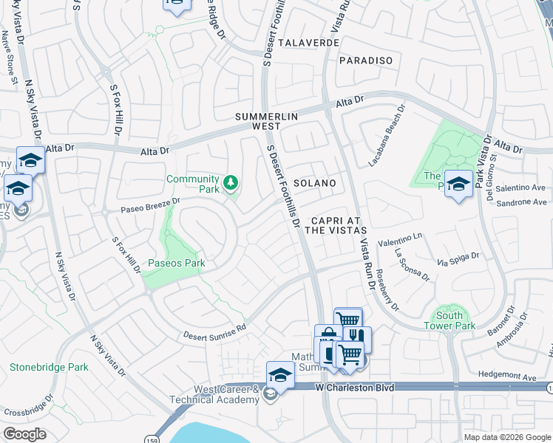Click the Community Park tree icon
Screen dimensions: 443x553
(x=231, y=182)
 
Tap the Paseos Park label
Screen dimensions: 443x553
(x=175, y=263)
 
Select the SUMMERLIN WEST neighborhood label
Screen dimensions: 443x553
(x=268, y=122)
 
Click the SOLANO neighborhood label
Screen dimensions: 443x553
(x=314, y=182)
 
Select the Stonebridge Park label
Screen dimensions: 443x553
(x=49, y=367)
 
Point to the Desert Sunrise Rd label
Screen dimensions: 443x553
(x=214, y=329)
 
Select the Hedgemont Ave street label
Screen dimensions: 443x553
(x=508, y=377)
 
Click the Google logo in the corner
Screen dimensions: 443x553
(x=24, y=434)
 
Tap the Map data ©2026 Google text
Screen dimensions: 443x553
(x=507, y=437)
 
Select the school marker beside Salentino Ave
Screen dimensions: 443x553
(x=458, y=184)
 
